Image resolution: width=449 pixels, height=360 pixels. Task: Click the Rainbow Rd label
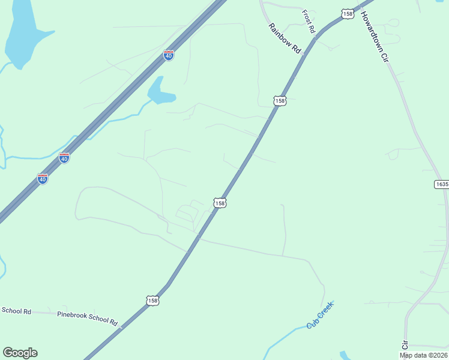285,39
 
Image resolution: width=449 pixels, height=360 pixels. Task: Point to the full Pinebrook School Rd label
88,317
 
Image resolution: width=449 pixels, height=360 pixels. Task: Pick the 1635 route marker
442,184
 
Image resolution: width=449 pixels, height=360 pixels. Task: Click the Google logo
20,353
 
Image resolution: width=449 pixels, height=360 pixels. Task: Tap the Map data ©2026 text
423,355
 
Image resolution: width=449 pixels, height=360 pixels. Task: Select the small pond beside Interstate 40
159,92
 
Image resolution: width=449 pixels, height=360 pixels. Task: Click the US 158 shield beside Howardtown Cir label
348,13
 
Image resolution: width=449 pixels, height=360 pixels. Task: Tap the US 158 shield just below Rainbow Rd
279,101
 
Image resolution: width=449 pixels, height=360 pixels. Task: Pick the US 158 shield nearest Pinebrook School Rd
152,300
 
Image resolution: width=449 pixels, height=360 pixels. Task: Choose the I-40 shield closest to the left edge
42,179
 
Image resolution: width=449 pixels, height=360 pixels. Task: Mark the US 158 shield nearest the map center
220,203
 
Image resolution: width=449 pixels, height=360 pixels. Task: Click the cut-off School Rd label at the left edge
16,311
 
